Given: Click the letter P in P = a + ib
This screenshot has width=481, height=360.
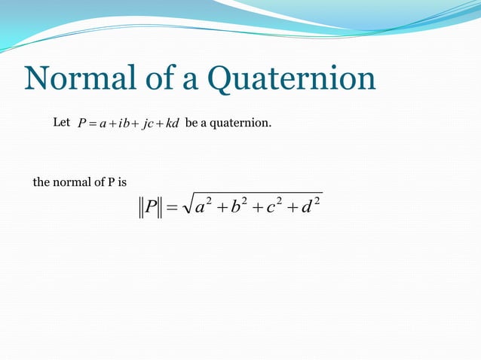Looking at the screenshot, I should click(81, 124).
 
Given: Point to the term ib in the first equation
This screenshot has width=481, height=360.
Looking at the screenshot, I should click(125, 124).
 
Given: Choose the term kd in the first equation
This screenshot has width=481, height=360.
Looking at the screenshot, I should click(173, 124).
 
